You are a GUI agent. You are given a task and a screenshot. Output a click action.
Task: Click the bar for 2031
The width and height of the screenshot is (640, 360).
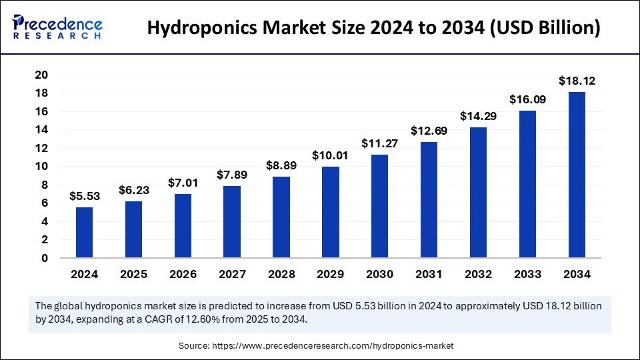click(x=429, y=199)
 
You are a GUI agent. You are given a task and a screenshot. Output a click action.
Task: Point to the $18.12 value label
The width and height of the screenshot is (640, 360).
click(x=577, y=81)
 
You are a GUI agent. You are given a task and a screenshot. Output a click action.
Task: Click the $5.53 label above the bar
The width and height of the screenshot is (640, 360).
click(x=84, y=197)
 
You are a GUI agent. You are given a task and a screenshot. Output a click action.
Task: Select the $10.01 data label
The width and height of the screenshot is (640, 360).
click(x=330, y=156)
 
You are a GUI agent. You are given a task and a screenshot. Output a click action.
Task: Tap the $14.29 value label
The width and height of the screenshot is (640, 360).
click(x=478, y=116)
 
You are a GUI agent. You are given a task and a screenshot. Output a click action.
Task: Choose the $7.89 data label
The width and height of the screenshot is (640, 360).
click(x=232, y=175)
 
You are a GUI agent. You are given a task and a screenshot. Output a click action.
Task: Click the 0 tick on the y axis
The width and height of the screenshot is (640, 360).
click(x=44, y=258)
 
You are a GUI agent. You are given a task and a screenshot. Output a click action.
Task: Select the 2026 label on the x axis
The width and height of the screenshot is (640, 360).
click(x=183, y=274)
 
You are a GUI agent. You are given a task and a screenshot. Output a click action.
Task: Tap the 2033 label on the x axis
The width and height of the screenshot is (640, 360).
click(x=527, y=274)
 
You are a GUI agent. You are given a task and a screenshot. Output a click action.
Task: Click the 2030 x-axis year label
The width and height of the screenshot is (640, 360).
click(x=379, y=274)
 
